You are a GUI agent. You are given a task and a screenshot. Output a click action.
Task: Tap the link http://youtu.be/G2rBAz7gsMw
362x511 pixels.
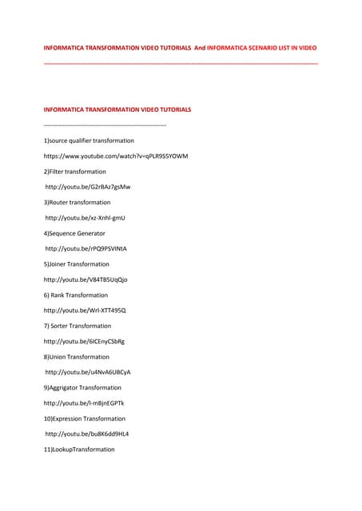(88, 187)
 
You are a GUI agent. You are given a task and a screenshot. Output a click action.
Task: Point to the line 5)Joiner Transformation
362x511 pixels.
(77, 264)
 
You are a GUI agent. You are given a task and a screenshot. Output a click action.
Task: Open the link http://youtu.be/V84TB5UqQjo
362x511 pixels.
(85, 279)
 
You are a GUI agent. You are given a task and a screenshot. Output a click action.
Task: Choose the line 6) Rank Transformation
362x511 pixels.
(77, 295)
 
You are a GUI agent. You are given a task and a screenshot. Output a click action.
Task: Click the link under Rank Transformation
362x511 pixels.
(85, 311)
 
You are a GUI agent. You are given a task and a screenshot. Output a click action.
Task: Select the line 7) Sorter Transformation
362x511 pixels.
(78, 326)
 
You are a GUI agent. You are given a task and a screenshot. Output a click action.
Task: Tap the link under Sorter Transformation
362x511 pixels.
(84, 341)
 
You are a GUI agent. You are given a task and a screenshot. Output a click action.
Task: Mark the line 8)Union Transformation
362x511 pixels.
(76, 357)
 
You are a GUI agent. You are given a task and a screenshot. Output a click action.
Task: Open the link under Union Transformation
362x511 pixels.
(88, 372)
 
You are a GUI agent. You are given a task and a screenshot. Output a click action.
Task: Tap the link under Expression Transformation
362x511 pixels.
(87, 434)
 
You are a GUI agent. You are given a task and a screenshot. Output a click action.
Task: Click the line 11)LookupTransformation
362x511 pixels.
(79, 450)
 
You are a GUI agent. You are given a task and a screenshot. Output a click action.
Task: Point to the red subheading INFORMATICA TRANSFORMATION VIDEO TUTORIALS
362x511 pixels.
(117, 109)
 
